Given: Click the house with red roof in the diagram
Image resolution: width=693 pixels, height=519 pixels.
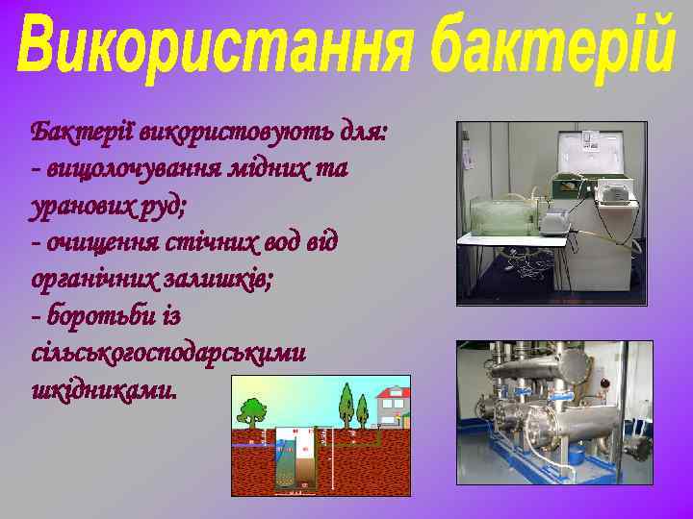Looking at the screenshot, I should pyautogui.click(x=393, y=405).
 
